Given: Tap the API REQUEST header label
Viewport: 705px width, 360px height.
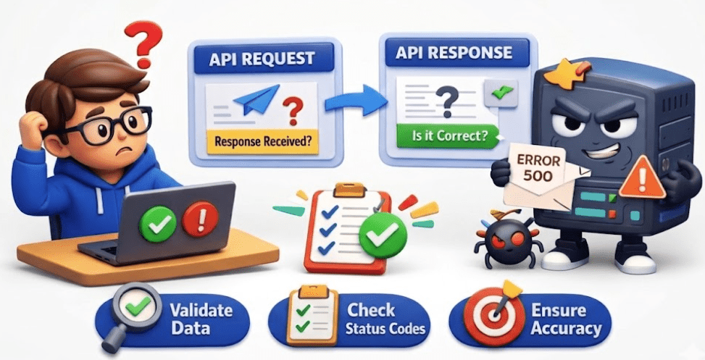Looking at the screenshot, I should coord(262,59).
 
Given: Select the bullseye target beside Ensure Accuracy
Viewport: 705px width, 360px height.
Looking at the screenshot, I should coord(491,319).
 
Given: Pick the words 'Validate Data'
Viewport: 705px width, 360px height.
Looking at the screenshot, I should coord(201,319).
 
